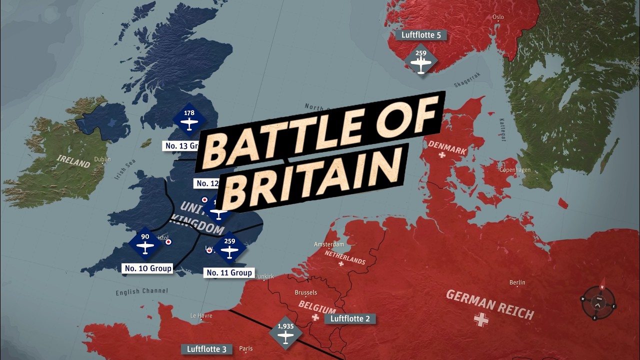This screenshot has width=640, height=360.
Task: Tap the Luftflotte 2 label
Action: tap(350, 318)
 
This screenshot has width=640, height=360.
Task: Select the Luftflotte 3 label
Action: tap(206, 349)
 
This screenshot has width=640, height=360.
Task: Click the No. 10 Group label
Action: tap(148, 268)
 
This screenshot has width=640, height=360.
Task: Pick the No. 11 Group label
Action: tap(229, 272)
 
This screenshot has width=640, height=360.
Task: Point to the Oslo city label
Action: tap(498, 16)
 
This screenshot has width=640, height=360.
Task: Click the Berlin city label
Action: tap(517, 282)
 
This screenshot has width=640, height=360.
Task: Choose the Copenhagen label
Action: tap(515, 170)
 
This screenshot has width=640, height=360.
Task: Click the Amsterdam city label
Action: tap(329, 244)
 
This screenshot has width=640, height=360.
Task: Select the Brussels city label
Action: tap(306, 292)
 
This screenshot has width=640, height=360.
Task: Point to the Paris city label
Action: tap(246, 348)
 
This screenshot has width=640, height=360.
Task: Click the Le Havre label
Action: tap(201, 315)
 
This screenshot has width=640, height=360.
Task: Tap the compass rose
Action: tap(598, 302)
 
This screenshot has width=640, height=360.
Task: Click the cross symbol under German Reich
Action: tap(481, 319)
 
